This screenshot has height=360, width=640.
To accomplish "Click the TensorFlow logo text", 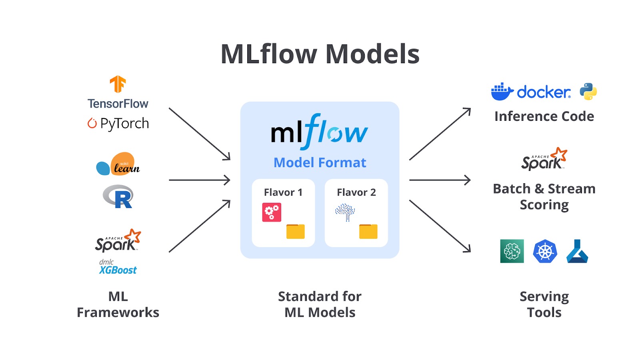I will (x=118, y=104).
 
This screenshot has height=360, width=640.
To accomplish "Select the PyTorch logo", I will (x=118, y=123).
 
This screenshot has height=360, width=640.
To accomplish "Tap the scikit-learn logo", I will (x=118, y=164).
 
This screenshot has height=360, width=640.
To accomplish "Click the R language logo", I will (x=118, y=196).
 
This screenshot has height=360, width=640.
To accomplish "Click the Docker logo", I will (x=531, y=92).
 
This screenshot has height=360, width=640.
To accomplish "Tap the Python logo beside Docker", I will (x=588, y=92).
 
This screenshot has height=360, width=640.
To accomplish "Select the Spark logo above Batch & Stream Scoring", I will (x=544, y=159).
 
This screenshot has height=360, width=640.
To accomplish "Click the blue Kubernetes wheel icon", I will (x=545, y=251).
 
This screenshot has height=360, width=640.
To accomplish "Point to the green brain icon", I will (x=512, y=251).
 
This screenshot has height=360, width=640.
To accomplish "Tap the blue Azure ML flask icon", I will (x=577, y=251).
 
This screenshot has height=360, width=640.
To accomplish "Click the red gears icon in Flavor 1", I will (x=272, y=212).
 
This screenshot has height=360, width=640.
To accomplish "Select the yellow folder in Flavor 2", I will (x=368, y=231).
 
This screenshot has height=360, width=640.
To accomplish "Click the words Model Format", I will (x=320, y=162).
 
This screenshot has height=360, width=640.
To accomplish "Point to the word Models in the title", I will (x=372, y=54).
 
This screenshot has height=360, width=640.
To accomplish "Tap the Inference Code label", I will (x=544, y=116).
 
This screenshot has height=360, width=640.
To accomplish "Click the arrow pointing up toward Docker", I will (x=440, y=134).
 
